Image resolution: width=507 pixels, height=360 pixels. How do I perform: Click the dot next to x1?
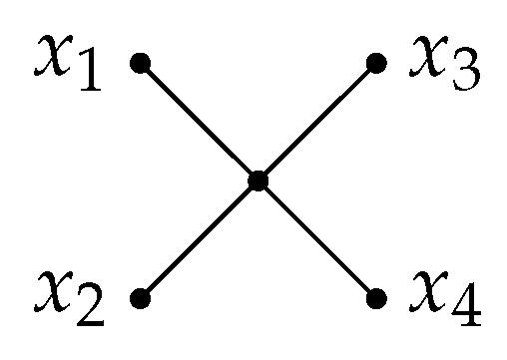point(141,64)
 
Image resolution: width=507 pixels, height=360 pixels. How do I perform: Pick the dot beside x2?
point(141,298)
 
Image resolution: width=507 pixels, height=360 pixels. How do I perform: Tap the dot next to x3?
point(376,64)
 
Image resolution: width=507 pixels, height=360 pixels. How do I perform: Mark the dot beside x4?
point(376,298)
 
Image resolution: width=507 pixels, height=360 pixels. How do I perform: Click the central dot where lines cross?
point(258,180)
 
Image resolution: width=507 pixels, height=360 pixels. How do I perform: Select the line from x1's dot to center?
point(200,122)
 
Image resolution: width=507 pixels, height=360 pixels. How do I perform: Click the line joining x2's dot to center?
point(200,239)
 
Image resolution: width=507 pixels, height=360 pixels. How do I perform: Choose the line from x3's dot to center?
point(317,122)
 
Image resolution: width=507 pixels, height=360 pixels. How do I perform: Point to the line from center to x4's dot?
point(317,239)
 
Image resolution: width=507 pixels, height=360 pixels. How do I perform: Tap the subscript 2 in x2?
point(89,312)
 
